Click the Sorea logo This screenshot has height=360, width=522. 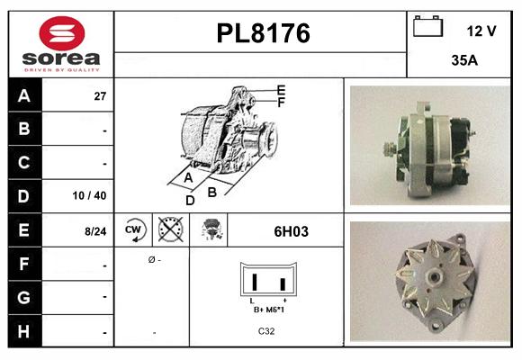[60, 44]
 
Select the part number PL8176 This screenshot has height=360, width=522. [263, 33]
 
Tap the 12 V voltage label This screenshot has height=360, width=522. [481, 31]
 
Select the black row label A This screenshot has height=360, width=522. [22, 95]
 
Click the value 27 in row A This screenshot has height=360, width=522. [100, 96]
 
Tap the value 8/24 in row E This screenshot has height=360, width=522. [95, 231]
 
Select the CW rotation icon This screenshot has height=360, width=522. [133, 230]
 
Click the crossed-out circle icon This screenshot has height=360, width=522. [169, 230]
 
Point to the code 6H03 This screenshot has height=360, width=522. [291, 231]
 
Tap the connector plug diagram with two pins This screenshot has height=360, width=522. [267, 281]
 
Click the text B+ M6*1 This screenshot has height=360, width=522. [267, 309]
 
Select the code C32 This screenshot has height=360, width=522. [267, 331]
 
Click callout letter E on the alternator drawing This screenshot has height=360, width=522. [281, 90]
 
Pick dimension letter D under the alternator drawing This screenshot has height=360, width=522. [190, 200]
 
